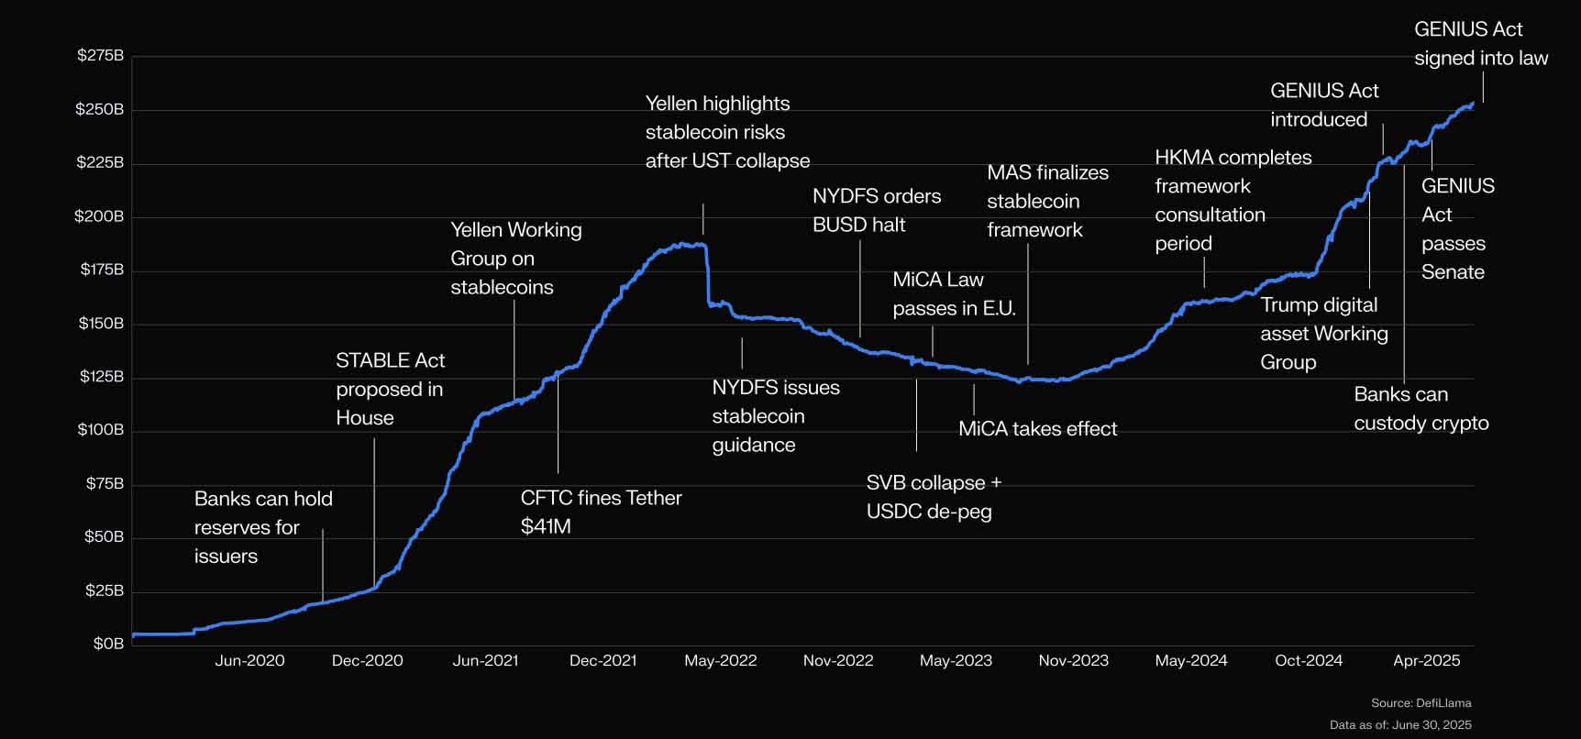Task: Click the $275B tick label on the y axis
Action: coord(100,55)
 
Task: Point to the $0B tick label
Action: coord(108,644)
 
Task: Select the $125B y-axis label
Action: coord(100,376)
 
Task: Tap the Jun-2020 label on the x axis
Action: coord(249,660)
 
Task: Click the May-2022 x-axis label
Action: coord(720,660)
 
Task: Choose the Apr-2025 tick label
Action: coord(1426,660)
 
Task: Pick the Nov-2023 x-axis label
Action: coord(1073,660)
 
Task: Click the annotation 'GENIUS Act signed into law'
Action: coord(1480,43)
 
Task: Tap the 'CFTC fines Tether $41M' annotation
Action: coord(601,512)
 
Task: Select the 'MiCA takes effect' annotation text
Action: coord(1037,428)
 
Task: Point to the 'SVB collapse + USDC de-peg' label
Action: coord(934,497)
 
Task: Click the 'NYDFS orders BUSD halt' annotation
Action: coord(876,210)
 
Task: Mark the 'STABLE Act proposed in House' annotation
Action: coord(390,389)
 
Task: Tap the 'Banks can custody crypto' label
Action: coord(1421,408)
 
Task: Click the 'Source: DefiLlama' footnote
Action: coord(1421,703)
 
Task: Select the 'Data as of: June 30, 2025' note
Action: coord(1400,724)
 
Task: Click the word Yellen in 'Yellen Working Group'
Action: coord(477,229)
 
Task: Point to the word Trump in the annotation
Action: coord(1286,304)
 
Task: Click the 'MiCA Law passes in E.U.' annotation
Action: coord(954,293)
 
